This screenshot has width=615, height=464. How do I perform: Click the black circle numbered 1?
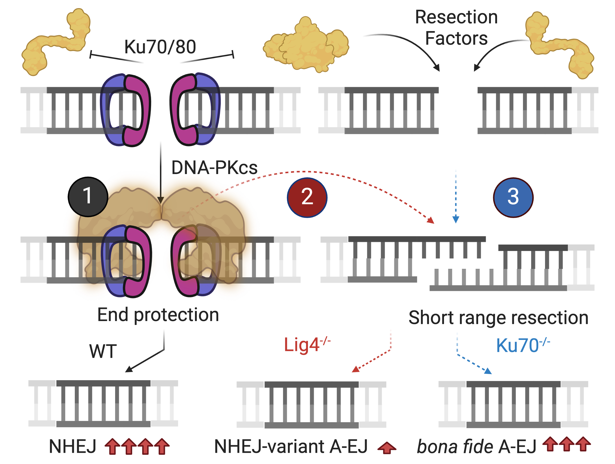click(x=88, y=197)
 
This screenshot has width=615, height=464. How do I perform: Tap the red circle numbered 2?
click(x=307, y=197)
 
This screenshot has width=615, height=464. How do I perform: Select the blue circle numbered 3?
click(x=513, y=197)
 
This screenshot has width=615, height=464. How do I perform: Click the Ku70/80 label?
click(x=160, y=47)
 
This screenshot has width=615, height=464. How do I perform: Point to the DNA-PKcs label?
click(x=214, y=168)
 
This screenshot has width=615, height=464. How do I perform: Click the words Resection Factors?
click(x=456, y=27)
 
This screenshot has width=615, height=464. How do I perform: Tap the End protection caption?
click(x=158, y=315)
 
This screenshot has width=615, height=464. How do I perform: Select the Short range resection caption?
click(x=498, y=318)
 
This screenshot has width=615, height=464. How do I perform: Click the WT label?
click(x=103, y=351)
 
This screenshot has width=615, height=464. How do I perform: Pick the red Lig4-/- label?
click(x=307, y=345)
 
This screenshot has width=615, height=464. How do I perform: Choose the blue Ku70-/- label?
click(x=522, y=345)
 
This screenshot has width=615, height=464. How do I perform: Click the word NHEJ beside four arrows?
click(x=73, y=447)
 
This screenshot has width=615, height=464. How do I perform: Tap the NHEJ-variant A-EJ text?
click(x=291, y=447)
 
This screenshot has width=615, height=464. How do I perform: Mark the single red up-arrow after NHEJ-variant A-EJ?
click(x=387, y=448)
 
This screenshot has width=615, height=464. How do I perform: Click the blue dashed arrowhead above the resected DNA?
click(x=456, y=219)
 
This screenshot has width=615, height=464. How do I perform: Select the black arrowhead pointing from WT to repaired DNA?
click(x=129, y=369)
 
